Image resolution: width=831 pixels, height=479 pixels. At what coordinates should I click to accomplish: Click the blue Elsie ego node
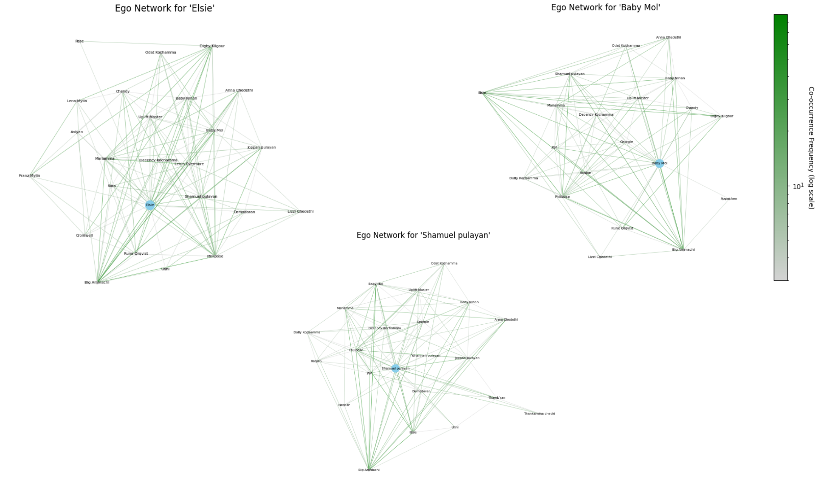pos(150,205)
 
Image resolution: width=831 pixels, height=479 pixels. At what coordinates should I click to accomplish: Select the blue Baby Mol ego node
pos(659,163)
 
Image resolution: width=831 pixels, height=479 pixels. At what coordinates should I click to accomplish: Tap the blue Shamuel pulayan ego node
pos(395,369)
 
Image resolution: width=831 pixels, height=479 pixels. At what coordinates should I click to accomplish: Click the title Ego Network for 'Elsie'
pos(165,8)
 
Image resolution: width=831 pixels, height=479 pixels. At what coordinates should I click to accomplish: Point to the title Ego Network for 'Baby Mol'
pos(605,8)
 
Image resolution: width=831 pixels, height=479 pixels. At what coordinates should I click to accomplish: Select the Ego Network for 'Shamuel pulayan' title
pos(423,235)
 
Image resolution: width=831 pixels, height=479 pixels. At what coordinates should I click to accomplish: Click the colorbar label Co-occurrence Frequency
pos(811,148)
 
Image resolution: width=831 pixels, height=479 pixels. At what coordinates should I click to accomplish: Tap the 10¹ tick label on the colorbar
pos(798,186)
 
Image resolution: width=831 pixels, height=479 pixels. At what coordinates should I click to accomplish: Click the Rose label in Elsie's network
pos(79,41)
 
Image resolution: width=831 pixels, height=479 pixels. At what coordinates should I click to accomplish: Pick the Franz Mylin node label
pos(30,176)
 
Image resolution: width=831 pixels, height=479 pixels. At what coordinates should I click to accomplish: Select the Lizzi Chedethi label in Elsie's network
pos(300,211)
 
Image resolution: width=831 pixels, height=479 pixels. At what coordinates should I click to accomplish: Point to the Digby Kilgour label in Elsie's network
pos(212,46)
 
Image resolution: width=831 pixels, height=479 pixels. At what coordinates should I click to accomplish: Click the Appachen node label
pos(729,199)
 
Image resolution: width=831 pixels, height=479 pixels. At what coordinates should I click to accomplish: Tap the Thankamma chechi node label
pos(539,414)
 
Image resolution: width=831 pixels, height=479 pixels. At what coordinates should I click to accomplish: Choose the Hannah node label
pos(344,405)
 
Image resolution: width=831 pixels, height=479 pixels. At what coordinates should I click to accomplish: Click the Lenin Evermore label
pos(189,164)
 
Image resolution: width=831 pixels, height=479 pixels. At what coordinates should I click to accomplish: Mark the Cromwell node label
pos(84,235)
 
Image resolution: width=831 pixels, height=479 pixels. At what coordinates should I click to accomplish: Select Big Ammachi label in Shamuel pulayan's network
pos(369,470)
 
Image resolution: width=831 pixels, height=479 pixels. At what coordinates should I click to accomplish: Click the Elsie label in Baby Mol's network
pos(482,93)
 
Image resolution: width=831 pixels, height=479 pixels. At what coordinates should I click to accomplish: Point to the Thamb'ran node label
pos(496,398)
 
